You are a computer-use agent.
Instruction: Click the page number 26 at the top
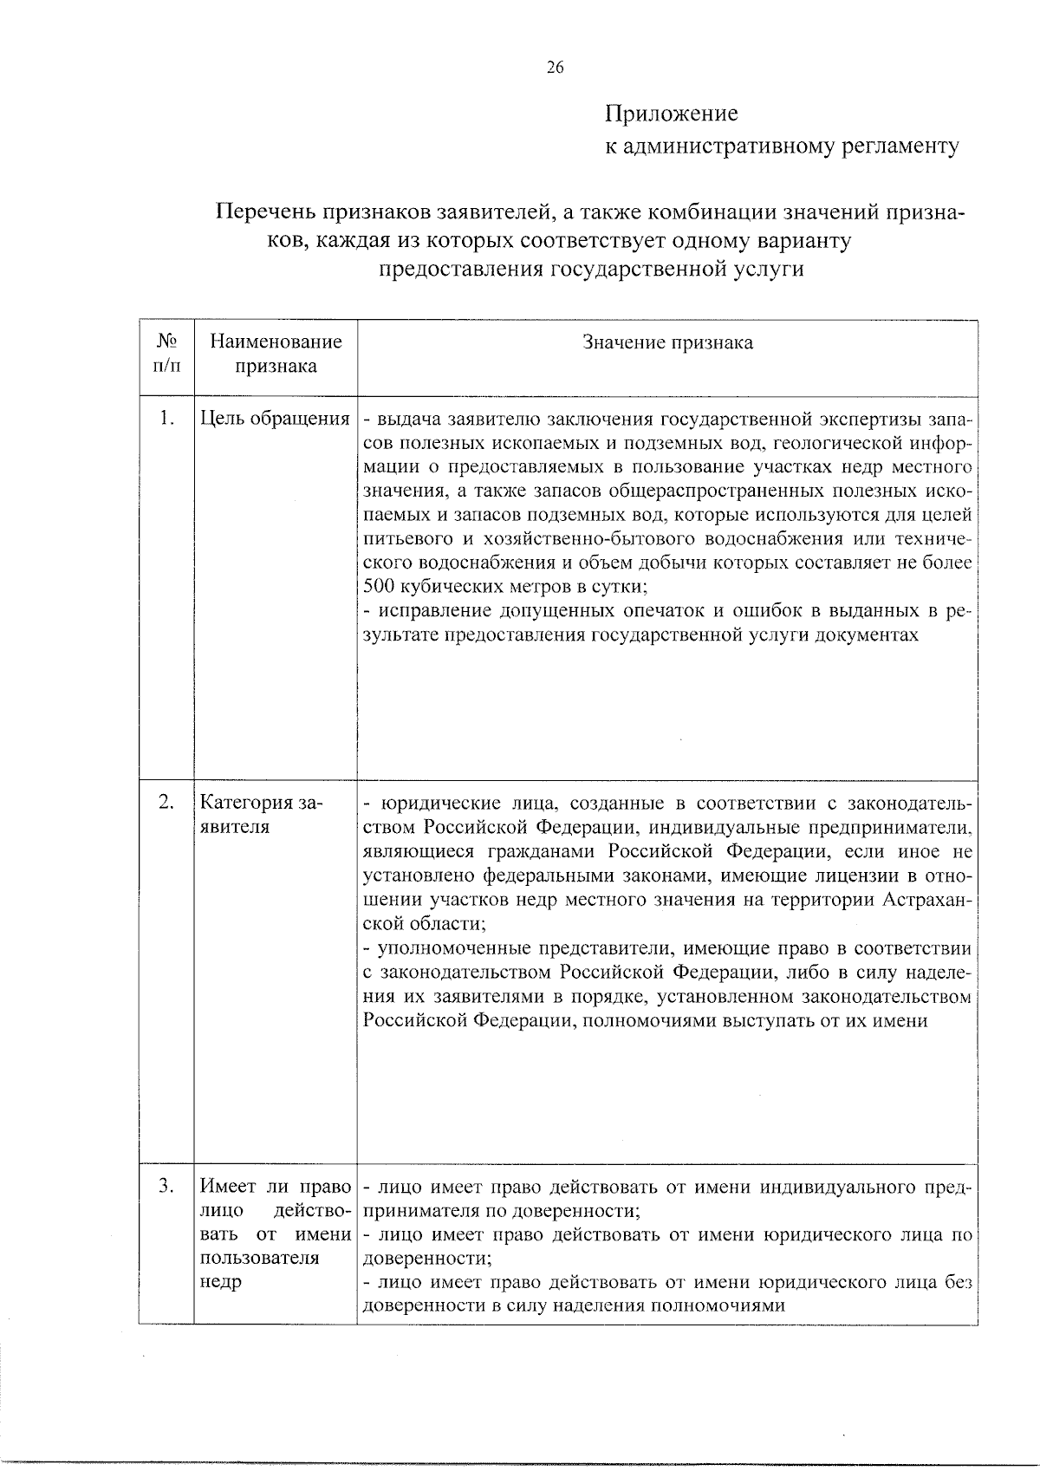point(556,68)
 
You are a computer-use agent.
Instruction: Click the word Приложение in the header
point(671,114)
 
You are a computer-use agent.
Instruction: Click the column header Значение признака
point(667,342)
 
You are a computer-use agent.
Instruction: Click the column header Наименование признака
point(276,354)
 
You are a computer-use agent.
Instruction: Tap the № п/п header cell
point(167,354)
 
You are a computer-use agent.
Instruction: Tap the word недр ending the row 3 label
point(220,1281)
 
